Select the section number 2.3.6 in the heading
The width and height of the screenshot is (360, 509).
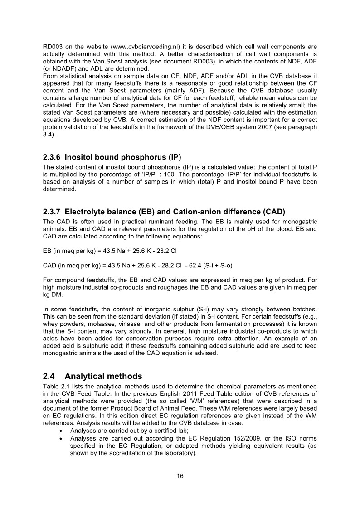tap(52, 157)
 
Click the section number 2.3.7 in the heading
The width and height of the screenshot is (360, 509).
tap(52, 212)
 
